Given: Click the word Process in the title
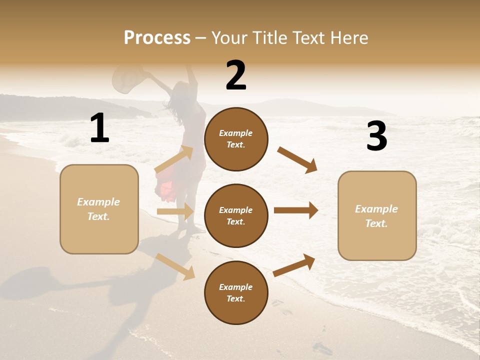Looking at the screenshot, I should (157, 37).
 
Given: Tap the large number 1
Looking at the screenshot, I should (99, 128).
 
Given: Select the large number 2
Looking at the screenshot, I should (236, 75).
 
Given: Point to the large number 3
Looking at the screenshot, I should (376, 136).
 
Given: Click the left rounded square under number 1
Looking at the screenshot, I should (99, 209).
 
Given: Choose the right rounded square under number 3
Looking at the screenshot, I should (377, 215).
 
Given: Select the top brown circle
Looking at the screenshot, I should (236, 139).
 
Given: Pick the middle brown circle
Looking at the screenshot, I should (236, 215).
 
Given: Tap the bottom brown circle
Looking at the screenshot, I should (236, 292).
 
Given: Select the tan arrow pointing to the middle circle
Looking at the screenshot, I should (175, 211).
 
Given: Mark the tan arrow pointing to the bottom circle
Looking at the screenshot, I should (175, 266).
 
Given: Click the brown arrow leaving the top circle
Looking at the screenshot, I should (297, 159).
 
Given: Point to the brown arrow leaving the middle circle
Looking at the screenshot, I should (296, 210).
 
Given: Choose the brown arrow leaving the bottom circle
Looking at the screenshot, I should (294, 265).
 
